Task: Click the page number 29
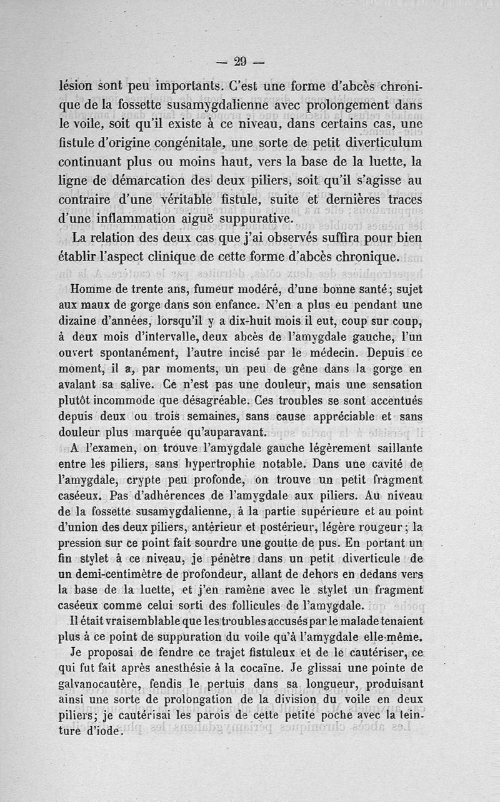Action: [241, 61]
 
